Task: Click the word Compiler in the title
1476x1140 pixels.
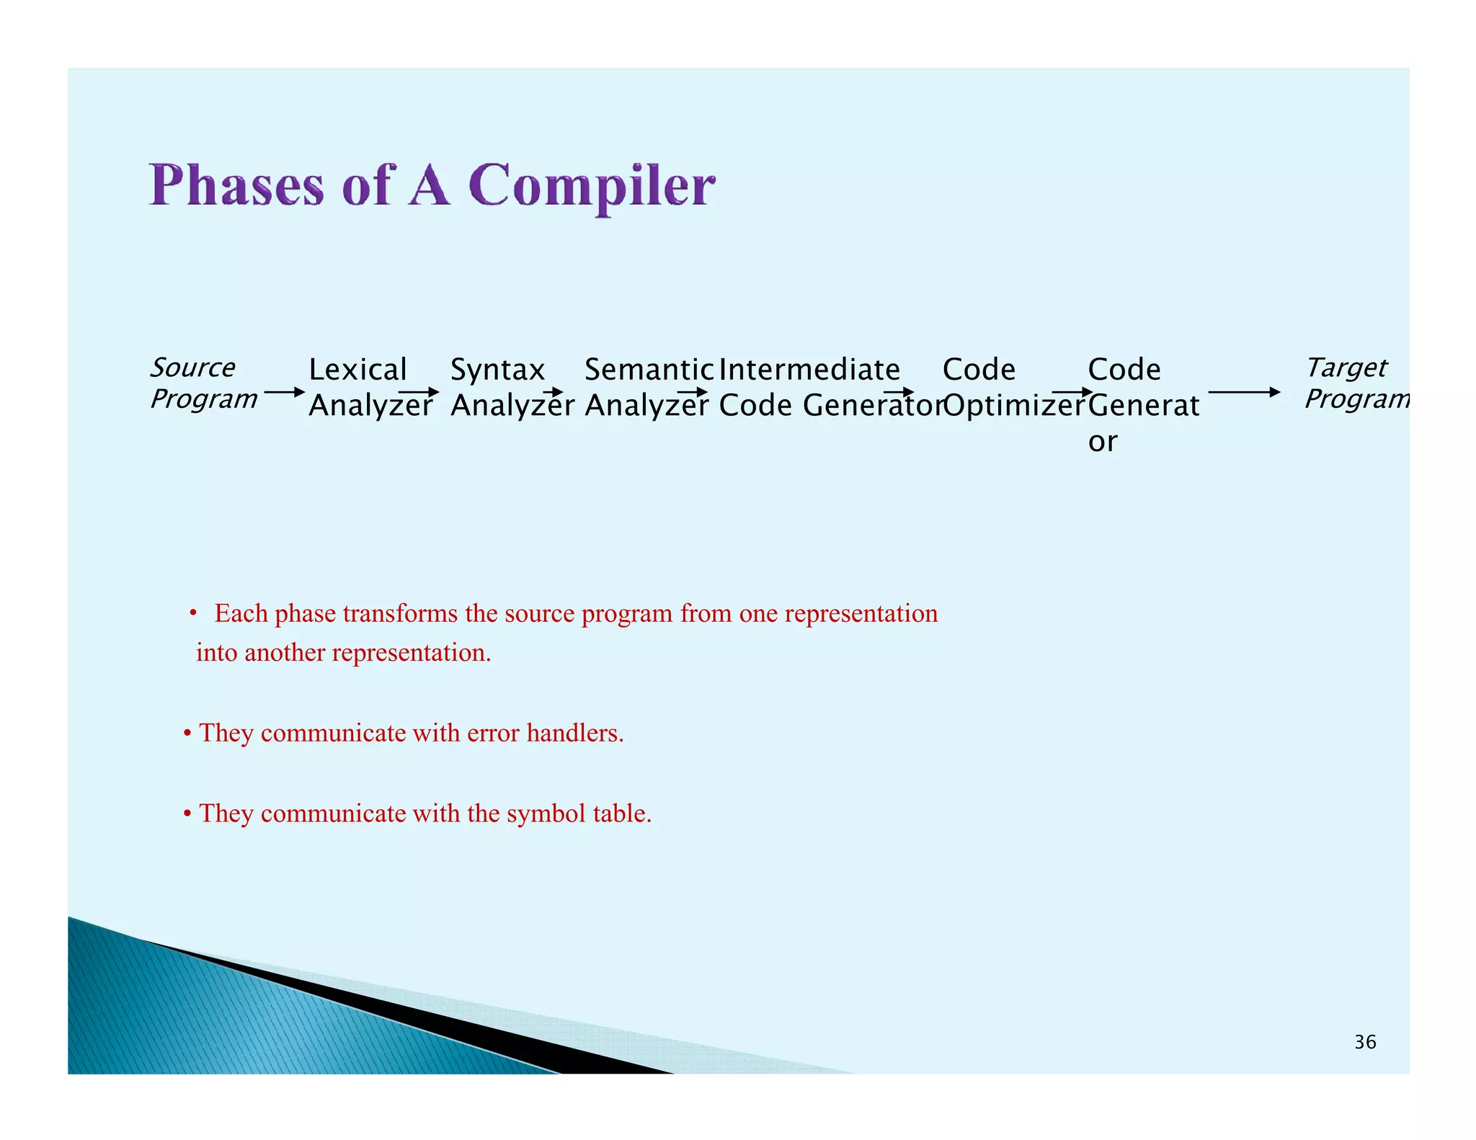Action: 591,186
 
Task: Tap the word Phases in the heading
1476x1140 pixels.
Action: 236,186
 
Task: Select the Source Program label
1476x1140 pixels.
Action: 203,383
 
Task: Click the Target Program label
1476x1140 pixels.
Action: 1355,383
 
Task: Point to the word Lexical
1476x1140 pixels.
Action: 357,370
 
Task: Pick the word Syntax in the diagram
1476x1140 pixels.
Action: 497,370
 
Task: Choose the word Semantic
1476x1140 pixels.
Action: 648,370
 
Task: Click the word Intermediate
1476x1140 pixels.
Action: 809,370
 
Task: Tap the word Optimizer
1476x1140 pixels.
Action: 1013,406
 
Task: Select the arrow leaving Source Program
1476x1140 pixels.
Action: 284,393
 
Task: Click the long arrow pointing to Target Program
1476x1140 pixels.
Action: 1243,393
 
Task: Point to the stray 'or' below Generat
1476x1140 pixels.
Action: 1102,442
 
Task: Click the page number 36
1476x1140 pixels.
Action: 1364,1042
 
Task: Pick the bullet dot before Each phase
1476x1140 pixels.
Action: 193,613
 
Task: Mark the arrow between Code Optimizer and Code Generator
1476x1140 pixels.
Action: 1072,393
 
